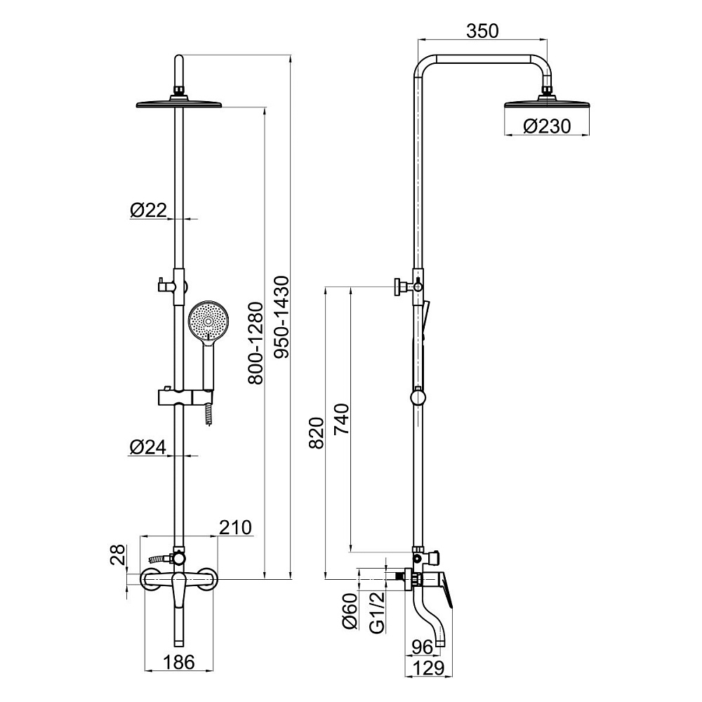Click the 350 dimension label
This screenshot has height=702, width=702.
pos(482,32)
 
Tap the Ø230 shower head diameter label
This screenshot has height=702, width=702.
pos(547,126)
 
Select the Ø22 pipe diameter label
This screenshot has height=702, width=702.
pos(148,210)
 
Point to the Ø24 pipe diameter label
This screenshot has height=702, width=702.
pos(148,446)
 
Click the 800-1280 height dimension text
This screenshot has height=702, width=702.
pos(256,343)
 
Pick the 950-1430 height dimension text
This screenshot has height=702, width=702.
pos(282,317)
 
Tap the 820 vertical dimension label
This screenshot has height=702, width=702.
pos(317,433)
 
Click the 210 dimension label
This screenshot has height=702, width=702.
pos(235,527)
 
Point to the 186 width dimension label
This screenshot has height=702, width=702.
pos(178,662)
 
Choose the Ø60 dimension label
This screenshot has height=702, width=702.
pos(350,611)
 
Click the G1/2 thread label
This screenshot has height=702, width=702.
pos(378,612)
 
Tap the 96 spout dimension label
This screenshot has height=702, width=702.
pos(422,647)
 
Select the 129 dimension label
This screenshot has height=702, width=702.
pos(428,668)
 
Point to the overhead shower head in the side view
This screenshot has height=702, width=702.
pos(547,105)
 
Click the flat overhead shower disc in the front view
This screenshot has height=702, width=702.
pos(179,103)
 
